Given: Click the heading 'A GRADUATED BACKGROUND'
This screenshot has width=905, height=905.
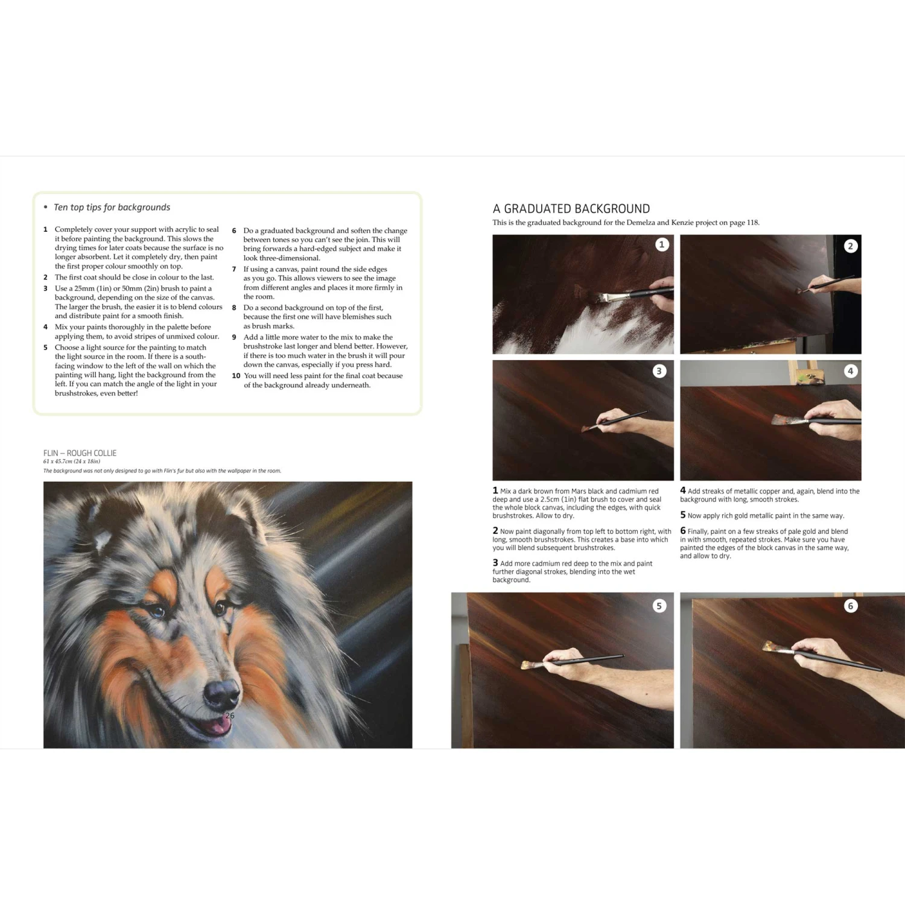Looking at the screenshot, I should click(571, 209).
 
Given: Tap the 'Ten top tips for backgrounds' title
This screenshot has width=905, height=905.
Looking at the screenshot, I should click(112, 207).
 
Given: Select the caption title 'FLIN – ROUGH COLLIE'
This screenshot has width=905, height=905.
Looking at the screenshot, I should click(80, 453).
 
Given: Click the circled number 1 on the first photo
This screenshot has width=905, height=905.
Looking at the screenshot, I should click(662, 244).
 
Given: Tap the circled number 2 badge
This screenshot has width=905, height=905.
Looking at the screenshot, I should click(850, 246).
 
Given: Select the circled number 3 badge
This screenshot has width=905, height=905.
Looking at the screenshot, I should click(659, 371).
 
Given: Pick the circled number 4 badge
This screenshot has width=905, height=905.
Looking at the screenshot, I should click(850, 371).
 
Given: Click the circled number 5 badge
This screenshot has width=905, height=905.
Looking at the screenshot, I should click(659, 606).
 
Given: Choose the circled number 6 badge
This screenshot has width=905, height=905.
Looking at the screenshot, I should click(850, 606).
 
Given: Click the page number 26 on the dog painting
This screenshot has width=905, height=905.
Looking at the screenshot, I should click(229, 716).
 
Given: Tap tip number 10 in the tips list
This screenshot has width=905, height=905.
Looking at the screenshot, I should click(236, 376).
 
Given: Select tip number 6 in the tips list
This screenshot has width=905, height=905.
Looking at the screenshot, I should click(234, 230).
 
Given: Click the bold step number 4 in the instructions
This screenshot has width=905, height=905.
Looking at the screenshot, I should click(682, 491).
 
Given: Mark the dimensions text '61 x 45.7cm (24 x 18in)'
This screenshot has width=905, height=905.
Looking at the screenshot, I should click(71, 462).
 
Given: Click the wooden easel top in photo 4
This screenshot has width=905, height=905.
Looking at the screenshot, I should click(800, 373).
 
